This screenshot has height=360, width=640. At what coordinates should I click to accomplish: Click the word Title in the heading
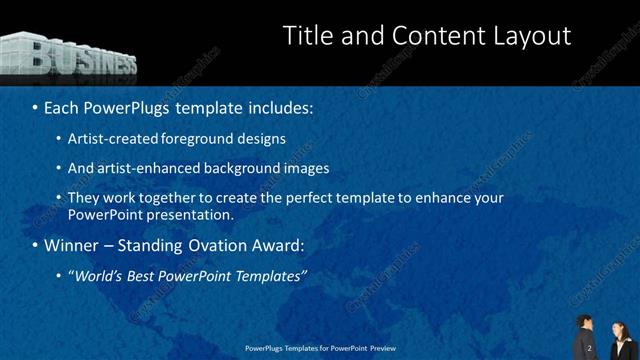[x=306, y=36]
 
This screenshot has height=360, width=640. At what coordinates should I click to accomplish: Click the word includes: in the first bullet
[x=277, y=105]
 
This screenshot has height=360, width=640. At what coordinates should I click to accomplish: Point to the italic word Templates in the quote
[x=268, y=275]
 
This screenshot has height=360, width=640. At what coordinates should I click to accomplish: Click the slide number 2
[x=589, y=348]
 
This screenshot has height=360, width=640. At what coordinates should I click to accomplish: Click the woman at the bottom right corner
[x=619, y=340]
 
